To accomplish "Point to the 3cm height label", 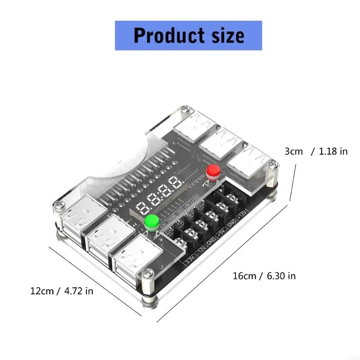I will [x=294, y=152].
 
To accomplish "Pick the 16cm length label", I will [x=244, y=276].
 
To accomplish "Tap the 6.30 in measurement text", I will [x=281, y=276].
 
